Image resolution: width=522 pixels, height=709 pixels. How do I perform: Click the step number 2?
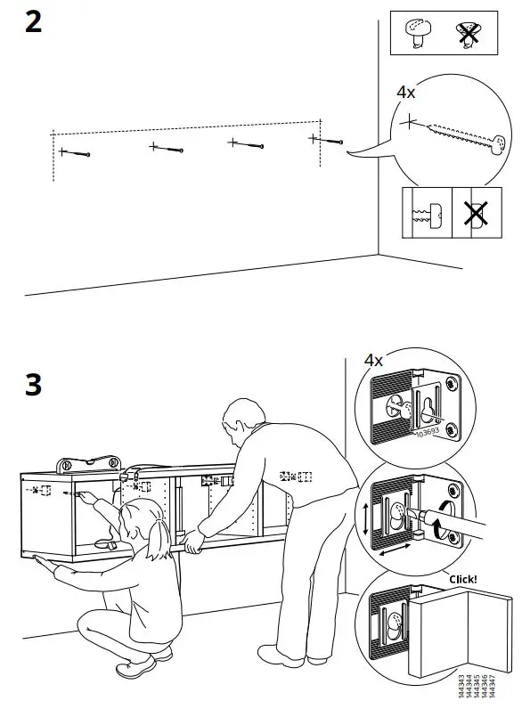point(32,20)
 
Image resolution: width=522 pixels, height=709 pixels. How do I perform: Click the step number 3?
point(33,385)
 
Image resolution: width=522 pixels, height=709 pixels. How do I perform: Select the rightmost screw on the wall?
point(327,140)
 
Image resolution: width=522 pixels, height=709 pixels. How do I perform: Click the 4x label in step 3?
point(373,361)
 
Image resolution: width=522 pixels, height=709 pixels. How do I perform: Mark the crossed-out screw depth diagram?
point(477,214)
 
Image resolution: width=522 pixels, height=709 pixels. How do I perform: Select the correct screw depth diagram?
point(427,215)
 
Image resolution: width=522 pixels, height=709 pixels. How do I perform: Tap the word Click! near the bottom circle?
point(463,579)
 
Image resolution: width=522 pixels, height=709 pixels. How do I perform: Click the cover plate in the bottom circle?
point(441,637)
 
